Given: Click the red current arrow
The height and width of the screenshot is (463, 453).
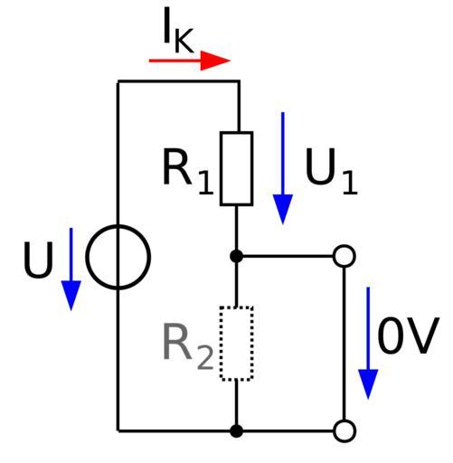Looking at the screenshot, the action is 190,61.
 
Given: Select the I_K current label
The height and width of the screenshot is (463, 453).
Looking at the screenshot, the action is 178,31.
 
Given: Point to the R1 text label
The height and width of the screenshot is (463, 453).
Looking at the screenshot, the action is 188,171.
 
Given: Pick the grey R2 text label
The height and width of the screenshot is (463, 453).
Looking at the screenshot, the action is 188,346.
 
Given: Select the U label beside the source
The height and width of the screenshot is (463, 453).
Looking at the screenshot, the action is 38,260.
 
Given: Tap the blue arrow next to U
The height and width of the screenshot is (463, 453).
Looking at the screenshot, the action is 71,269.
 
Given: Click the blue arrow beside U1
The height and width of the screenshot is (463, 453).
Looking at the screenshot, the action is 283,168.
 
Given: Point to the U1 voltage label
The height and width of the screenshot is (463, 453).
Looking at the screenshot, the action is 331,171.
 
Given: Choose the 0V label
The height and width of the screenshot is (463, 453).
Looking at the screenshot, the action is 407,335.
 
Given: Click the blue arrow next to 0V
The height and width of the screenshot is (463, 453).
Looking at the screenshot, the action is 368,344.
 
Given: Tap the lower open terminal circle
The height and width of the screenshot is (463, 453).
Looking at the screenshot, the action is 344,420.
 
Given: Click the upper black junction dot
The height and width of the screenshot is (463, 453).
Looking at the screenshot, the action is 236,256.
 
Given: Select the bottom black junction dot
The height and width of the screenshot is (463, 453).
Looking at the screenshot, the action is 236,431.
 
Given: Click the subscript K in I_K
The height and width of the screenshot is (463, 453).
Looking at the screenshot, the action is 184,41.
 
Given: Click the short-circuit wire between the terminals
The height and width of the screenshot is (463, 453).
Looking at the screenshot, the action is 344,344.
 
